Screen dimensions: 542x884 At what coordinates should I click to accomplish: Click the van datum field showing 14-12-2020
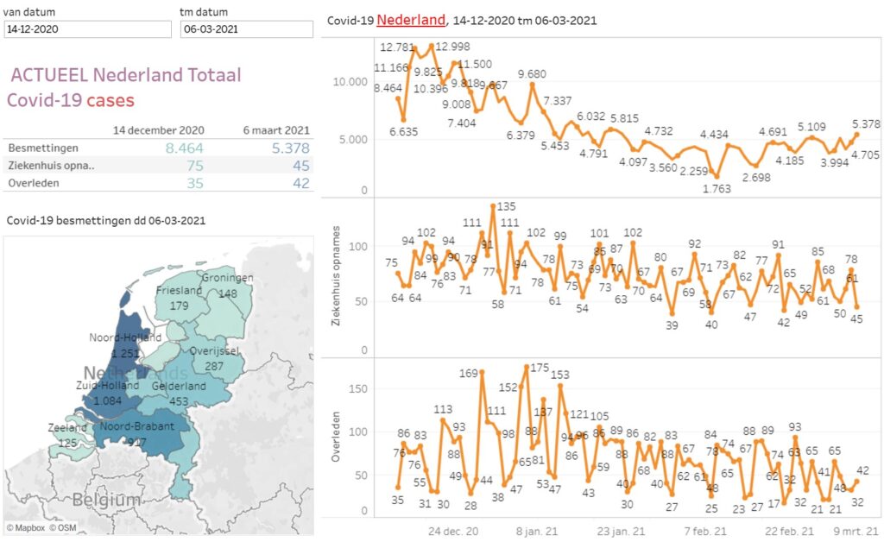click(87, 28)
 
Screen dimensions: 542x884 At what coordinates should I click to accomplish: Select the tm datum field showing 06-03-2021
click(247, 28)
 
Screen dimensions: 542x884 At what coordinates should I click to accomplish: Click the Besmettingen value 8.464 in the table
click(185, 148)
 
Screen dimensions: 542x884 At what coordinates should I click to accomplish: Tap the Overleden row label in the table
click(32, 183)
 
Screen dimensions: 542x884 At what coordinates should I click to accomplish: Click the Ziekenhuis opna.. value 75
click(195, 166)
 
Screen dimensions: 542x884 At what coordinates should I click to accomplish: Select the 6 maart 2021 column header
click(276, 130)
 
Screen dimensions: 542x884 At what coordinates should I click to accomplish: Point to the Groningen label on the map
click(227, 278)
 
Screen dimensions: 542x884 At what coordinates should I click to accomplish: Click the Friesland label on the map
click(180, 291)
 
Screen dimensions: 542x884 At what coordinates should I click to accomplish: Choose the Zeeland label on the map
click(67, 427)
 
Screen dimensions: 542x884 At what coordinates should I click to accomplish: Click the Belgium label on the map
click(106, 499)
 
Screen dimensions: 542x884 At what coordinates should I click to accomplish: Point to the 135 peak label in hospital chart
click(506, 207)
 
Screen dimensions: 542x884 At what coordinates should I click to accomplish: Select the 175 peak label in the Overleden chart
click(540, 369)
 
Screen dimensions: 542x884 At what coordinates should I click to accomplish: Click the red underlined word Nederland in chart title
click(411, 19)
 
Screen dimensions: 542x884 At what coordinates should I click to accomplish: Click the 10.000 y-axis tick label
click(351, 82)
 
